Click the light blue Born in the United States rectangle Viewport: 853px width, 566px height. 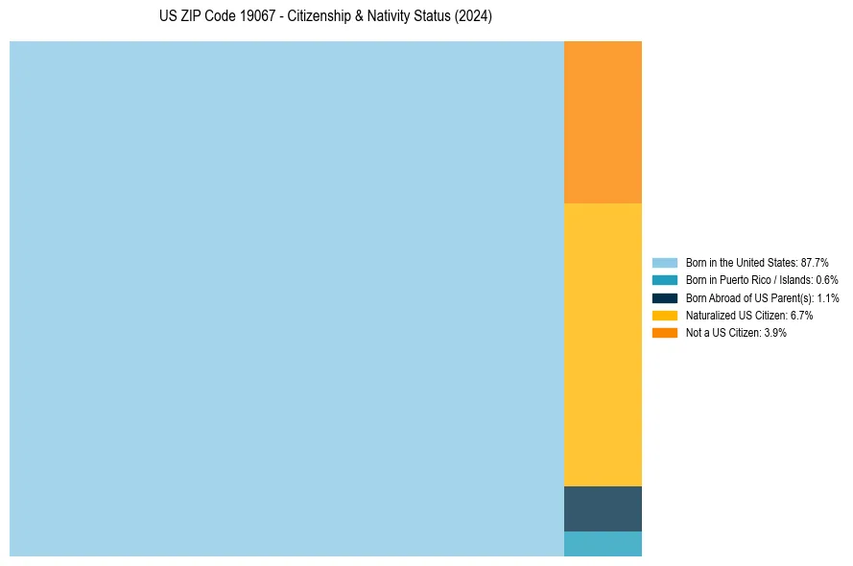point(286,298)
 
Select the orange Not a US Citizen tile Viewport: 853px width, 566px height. point(603,122)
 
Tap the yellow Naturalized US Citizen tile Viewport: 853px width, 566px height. point(603,344)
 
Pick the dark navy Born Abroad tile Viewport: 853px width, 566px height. point(603,508)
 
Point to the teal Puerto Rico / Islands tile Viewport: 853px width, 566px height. point(603,543)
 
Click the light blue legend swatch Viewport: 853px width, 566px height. point(664,263)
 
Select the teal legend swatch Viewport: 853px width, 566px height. point(664,280)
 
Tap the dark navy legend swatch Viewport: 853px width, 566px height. point(664,298)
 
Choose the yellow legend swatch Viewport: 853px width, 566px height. point(664,316)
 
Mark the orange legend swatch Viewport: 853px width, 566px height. point(664,333)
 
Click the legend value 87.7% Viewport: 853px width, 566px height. point(815,263)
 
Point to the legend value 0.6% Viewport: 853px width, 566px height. point(827,280)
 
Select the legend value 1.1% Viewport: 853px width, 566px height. point(827,298)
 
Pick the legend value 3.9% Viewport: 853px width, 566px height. point(775,333)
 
